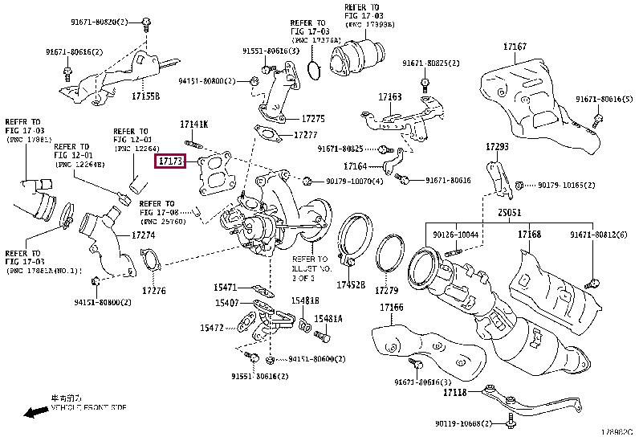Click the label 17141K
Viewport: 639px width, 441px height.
[193, 125]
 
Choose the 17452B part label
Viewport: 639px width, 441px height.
[351, 284]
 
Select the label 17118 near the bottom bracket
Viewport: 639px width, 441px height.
[454, 393]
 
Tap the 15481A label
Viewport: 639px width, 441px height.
[328, 318]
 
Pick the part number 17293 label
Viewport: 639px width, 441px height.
[497, 147]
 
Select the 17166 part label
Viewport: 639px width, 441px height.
[392, 308]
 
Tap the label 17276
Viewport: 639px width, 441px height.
[154, 290]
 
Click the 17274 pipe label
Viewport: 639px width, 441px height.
[143, 235]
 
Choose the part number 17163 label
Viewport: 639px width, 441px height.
[390, 97]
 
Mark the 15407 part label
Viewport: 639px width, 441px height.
[226, 303]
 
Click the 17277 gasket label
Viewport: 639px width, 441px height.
[306, 134]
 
